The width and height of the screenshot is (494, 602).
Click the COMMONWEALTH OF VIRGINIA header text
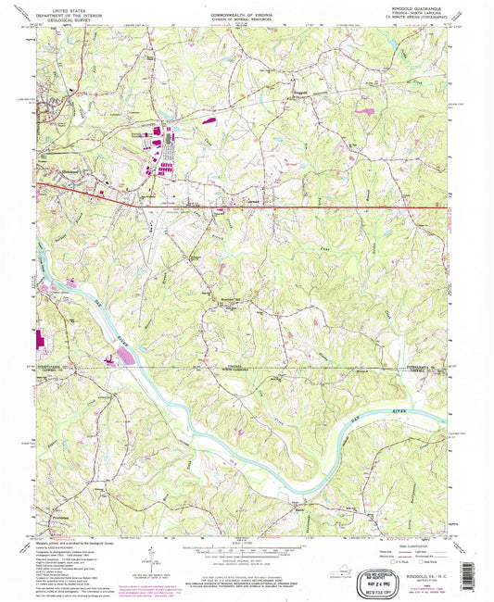pos(245,8)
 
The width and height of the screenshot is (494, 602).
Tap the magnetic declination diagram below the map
pos(146,558)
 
